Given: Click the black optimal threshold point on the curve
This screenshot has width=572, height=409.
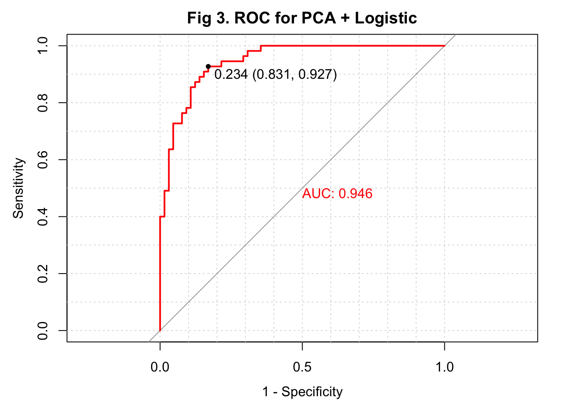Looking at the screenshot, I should (208, 66).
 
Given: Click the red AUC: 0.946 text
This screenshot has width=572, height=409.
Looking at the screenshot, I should (337, 194).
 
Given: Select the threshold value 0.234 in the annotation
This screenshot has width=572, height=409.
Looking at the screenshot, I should (231, 75).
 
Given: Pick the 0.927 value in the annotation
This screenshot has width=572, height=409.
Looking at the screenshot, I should (315, 75).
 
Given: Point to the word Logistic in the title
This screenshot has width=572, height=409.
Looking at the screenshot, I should (386, 18).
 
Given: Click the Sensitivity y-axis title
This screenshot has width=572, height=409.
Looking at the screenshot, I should (18, 188).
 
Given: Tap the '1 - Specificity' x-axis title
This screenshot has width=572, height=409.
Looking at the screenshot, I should (302, 392).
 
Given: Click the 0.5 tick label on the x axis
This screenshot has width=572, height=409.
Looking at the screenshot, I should (302, 367).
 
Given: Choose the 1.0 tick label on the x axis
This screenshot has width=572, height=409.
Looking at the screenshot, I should (444, 367).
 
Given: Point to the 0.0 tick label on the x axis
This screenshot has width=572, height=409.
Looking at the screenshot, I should (160, 367).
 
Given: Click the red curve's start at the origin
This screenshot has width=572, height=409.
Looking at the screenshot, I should (160, 330).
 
